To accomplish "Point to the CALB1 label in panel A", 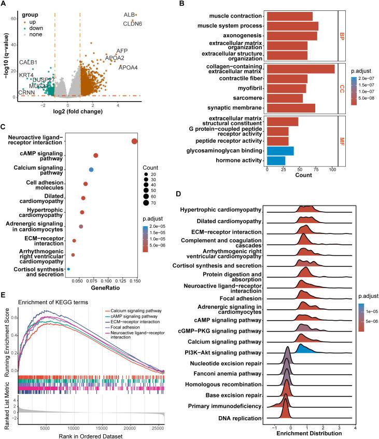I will pyautogui.click(x=29, y=63).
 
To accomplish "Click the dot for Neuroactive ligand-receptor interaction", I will pyautogui.click(x=135, y=142).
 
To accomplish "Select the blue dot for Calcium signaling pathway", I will pyautogui.click(x=91, y=170).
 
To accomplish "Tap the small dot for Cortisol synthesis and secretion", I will pyautogui.click(x=68, y=269).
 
